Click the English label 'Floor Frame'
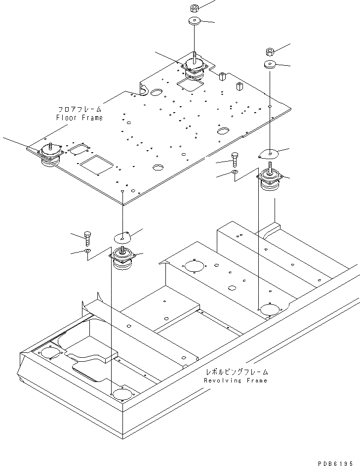point(86,118)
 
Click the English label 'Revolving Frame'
point(236,381)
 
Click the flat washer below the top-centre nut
point(194,22)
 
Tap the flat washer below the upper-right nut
point(270,65)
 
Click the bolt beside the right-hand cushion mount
point(235,160)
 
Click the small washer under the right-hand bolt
point(235,172)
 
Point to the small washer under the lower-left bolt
point(88,252)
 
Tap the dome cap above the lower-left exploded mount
point(122,236)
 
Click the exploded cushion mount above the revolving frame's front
point(122,260)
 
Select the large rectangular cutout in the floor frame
point(97,164)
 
